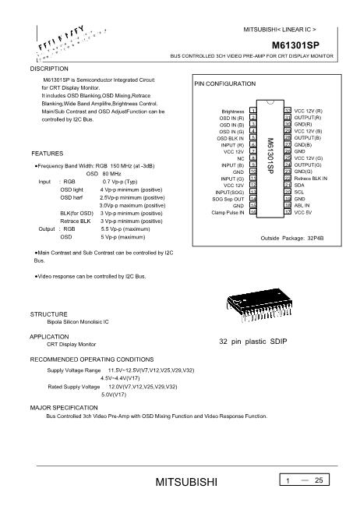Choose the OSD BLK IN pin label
pyautogui.click(x=230, y=138)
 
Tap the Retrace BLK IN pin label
pyautogui.click(x=310, y=179)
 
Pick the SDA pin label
pyautogui.click(x=299, y=185)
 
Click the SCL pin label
pyautogui.click(x=299, y=192)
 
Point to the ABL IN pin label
pyautogui.click(x=302, y=205)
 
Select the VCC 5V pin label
pyautogui.click(x=304, y=211)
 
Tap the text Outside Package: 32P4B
pyautogui.click(x=291, y=236)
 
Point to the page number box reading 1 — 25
pyautogui.click(x=306, y=481)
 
